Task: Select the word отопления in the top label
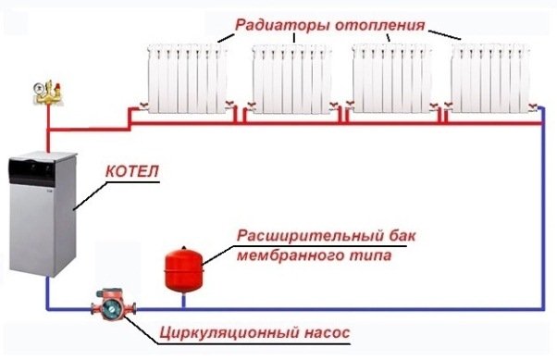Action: click(x=383, y=24)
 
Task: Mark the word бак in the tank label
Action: click(x=395, y=236)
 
